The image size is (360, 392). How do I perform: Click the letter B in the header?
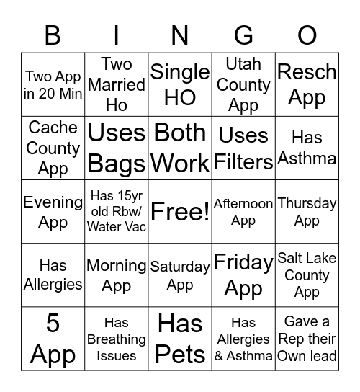53,35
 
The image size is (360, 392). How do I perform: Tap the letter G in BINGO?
243,35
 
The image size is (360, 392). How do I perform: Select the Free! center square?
180,212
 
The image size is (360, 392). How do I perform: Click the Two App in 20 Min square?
53,84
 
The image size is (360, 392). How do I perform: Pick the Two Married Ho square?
116,84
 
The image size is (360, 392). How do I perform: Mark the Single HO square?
180,84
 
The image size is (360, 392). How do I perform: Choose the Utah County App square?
243,84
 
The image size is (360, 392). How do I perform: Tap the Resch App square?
307,84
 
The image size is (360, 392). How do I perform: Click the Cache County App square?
53,148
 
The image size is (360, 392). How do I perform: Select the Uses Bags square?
116,148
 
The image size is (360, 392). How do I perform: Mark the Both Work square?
180,148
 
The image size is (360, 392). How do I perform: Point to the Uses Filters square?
243,148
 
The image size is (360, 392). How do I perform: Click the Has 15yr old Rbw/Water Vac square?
116,212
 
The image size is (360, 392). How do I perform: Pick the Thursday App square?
307,212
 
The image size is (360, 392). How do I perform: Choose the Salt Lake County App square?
307,275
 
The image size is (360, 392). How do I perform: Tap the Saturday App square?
180,275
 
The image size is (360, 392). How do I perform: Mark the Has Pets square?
180,339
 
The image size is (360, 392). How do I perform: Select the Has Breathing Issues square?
116,339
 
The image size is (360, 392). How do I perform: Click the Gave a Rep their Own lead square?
307,339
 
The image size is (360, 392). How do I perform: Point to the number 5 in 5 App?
53,324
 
